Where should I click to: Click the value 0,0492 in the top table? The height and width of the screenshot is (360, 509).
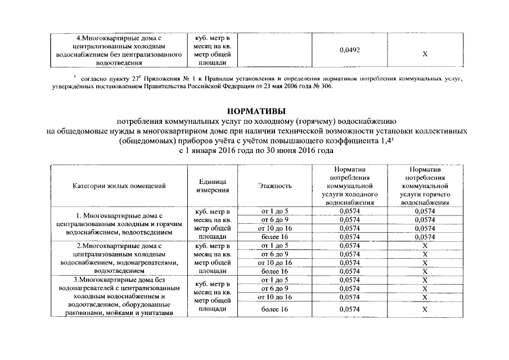point(350,51)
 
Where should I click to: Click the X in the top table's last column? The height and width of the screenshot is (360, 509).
point(425,54)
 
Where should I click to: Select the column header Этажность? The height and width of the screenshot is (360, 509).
point(274,186)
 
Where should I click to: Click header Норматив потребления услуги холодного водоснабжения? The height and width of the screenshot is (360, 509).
point(350,185)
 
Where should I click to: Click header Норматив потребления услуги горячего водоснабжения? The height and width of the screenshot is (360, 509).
point(425,185)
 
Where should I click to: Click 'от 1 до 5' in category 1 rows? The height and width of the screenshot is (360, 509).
point(274,211)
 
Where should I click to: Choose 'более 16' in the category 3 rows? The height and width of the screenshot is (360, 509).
point(274,309)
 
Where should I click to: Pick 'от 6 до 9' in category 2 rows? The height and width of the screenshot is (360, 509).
point(274,254)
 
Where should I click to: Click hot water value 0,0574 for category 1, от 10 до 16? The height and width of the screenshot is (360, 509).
point(425,228)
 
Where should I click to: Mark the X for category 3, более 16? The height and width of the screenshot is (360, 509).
point(425,309)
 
